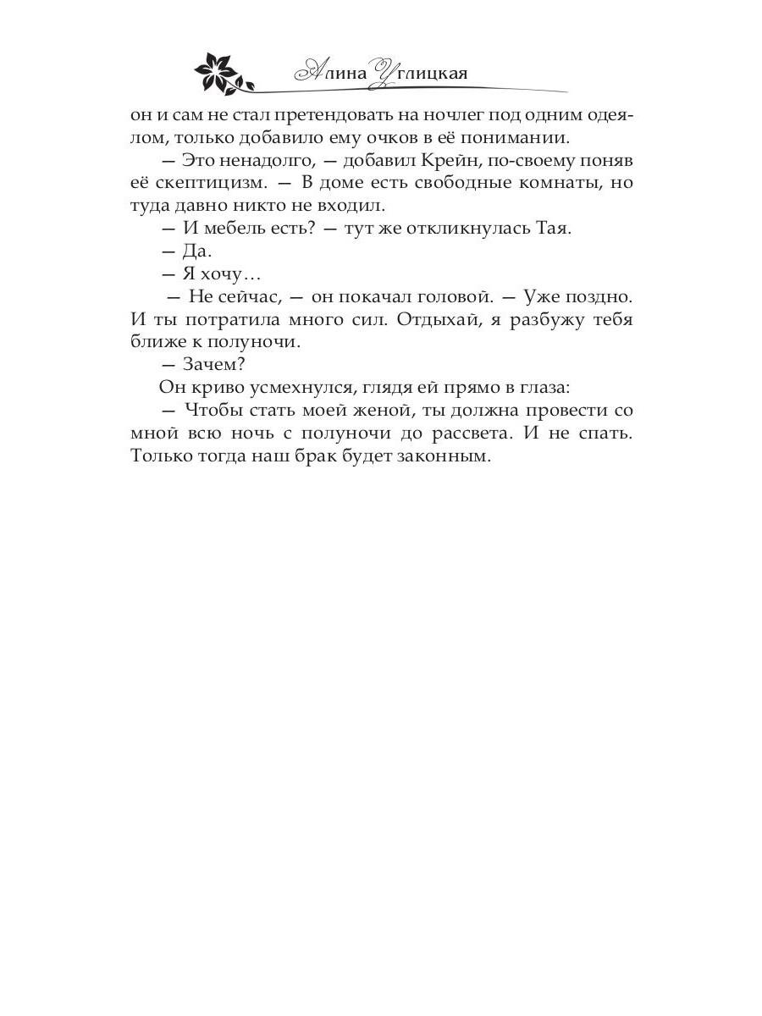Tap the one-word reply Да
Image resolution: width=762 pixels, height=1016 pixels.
tap(196, 251)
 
